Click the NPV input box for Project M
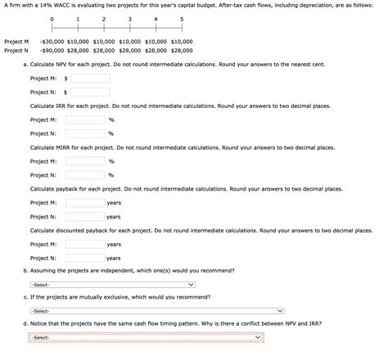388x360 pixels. pos(89,79)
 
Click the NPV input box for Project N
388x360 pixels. pos(89,92)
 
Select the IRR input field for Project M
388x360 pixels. pos(86,119)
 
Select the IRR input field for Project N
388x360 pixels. pos(86,133)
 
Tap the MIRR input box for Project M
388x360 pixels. pos(86,161)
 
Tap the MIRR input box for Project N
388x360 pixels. pos(86,175)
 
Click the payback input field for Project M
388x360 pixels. pos(85,203)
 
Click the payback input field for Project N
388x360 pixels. pos(85,217)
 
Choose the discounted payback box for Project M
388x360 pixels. pos(85,245)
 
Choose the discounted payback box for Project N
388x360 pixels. pos(85,259)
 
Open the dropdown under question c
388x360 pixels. pos(156,311)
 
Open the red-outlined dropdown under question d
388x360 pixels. pos(147,338)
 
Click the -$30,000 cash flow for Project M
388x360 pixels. pos(52,41)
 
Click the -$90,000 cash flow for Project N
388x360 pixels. pos(52,51)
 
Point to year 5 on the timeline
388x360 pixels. pos(181,18)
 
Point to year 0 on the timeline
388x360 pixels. pos(52,18)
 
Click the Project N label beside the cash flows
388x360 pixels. pos(16,51)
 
